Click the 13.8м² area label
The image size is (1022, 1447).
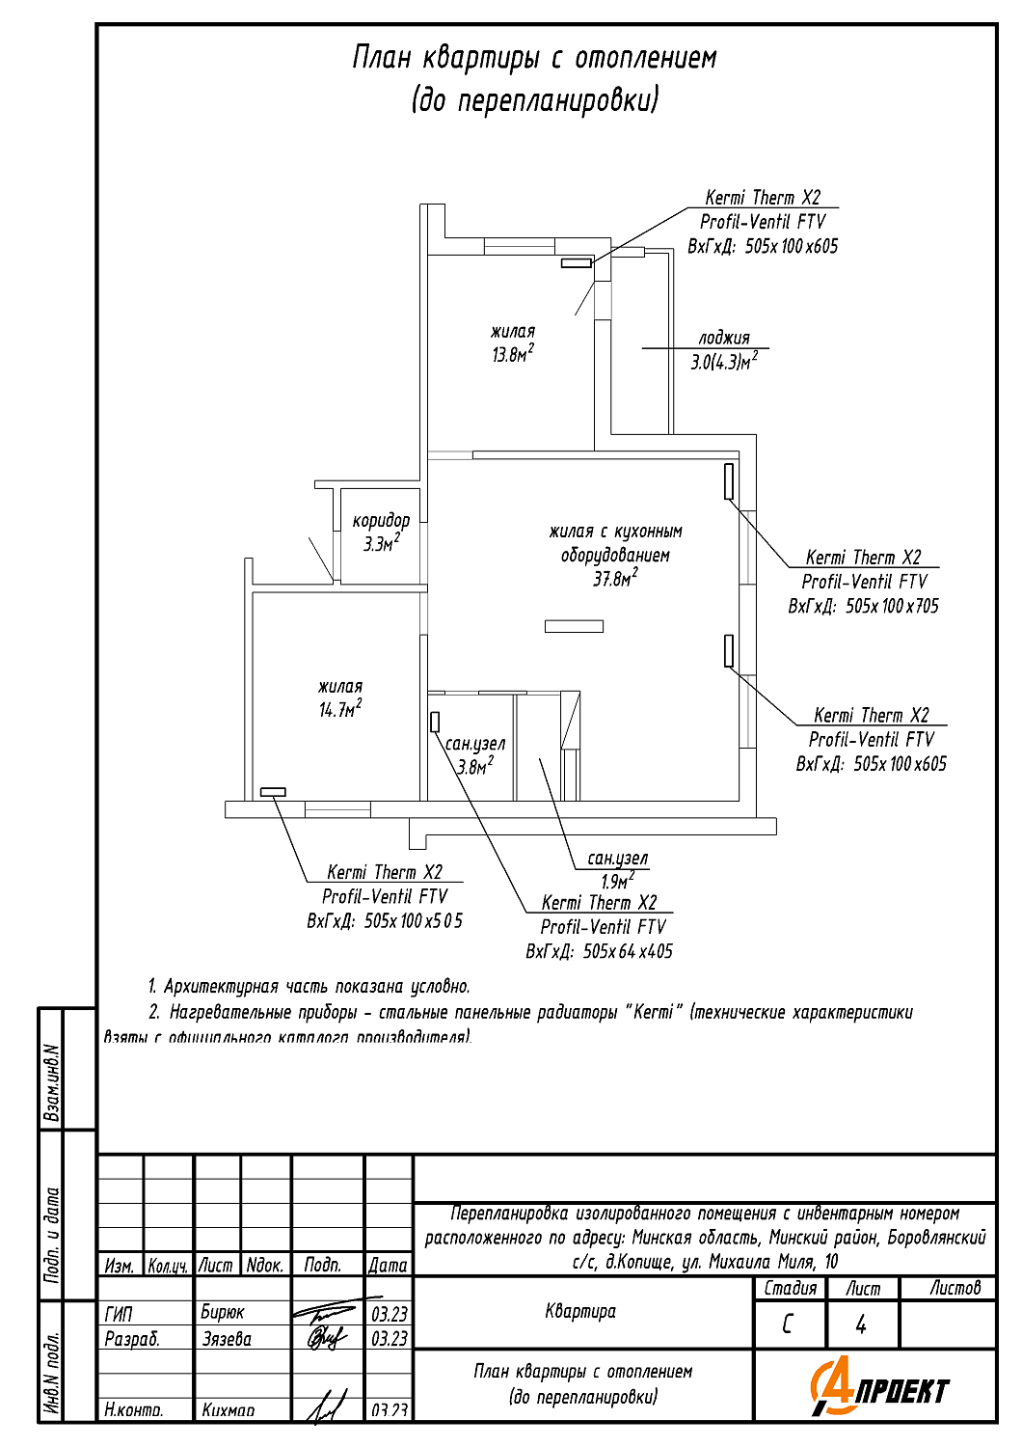click(x=512, y=354)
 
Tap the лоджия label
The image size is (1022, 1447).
click(x=723, y=338)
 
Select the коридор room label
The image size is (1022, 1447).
click(x=381, y=521)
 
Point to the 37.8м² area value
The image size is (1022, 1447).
click(x=615, y=579)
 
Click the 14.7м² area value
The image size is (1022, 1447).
click(x=339, y=710)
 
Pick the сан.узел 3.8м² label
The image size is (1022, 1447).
click(x=474, y=754)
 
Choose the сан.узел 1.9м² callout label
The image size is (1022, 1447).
click(x=617, y=868)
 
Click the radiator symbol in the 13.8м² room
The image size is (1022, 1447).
click(x=576, y=262)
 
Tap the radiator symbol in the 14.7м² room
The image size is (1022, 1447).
click(x=273, y=792)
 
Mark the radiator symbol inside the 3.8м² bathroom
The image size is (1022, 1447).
click(x=435, y=721)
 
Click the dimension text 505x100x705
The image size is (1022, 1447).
click(x=891, y=607)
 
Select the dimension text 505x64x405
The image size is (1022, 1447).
click(x=627, y=951)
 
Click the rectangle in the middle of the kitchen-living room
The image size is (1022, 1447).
click(x=574, y=626)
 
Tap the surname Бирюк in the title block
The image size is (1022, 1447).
click(x=223, y=1313)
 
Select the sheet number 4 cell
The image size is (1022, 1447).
click(x=861, y=1324)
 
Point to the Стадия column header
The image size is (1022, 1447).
click(x=790, y=1288)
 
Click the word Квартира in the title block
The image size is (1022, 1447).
click(x=580, y=1311)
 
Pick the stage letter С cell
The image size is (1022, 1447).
click(x=788, y=1324)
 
